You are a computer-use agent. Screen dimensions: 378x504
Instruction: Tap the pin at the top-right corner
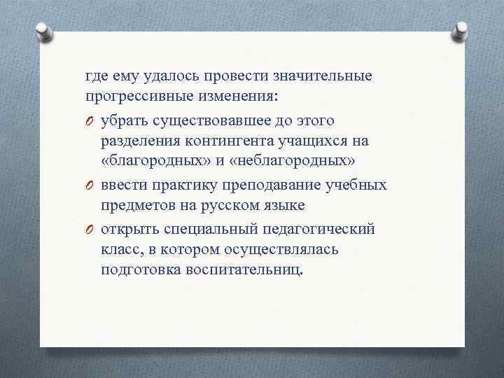tap(463, 29)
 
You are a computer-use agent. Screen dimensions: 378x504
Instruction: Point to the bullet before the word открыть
tap(90, 228)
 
